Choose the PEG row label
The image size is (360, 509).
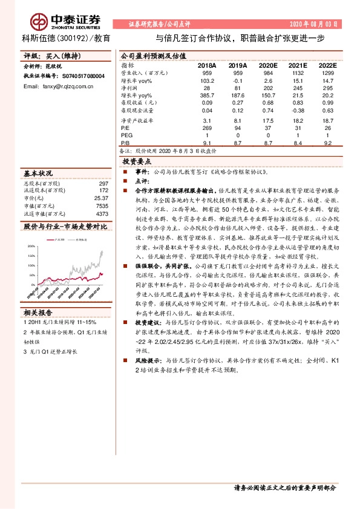click(126, 136)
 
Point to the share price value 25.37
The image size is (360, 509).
click(101, 198)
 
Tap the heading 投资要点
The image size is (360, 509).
click(136, 163)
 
